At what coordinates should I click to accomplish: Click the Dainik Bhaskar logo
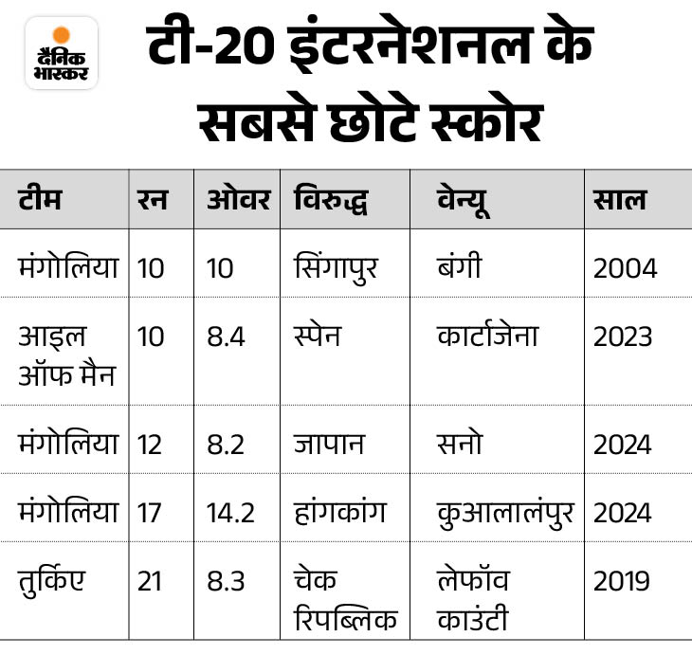(x=62, y=53)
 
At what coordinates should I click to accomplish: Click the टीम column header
(x=41, y=200)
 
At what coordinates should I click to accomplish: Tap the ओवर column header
(x=238, y=200)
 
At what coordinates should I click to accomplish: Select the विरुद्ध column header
(x=331, y=200)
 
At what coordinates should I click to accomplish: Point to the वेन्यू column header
(x=465, y=200)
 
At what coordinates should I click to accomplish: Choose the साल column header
(x=620, y=200)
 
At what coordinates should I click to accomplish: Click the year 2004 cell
(x=625, y=268)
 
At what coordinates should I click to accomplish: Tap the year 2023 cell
(x=625, y=337)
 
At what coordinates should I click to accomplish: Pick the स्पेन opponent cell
(x=318, y=337)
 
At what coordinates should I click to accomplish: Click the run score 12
(x=150, y=444)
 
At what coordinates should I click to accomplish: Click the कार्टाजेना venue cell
(x=488, y=337)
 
